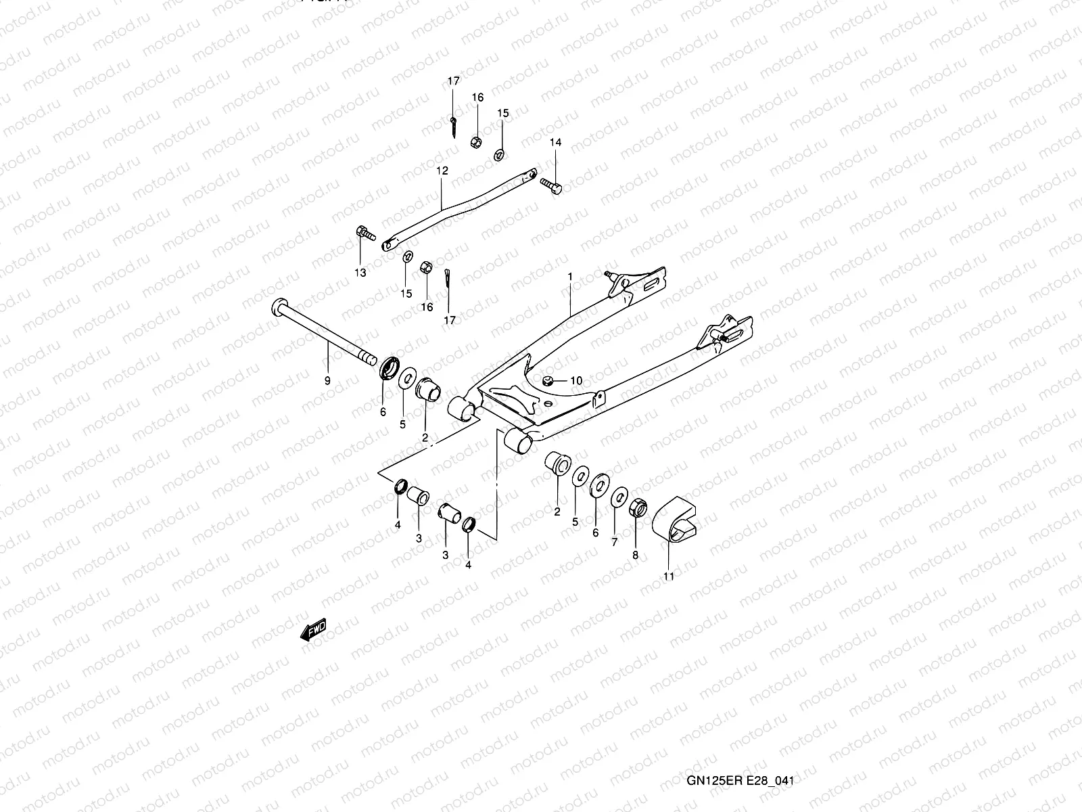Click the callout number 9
[x=327, y=381]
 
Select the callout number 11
[x=669, y=576]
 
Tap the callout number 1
[x=570, y=277]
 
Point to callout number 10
[x=576, y=381]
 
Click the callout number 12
[x=442, y=171]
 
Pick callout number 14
[x=555, y=142]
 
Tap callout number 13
[x=360, y=273]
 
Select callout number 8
[x=635, y=555]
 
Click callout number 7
[x=614, y=542]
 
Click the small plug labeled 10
[x=550, y=381]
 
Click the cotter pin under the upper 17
[x=454, y=127]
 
